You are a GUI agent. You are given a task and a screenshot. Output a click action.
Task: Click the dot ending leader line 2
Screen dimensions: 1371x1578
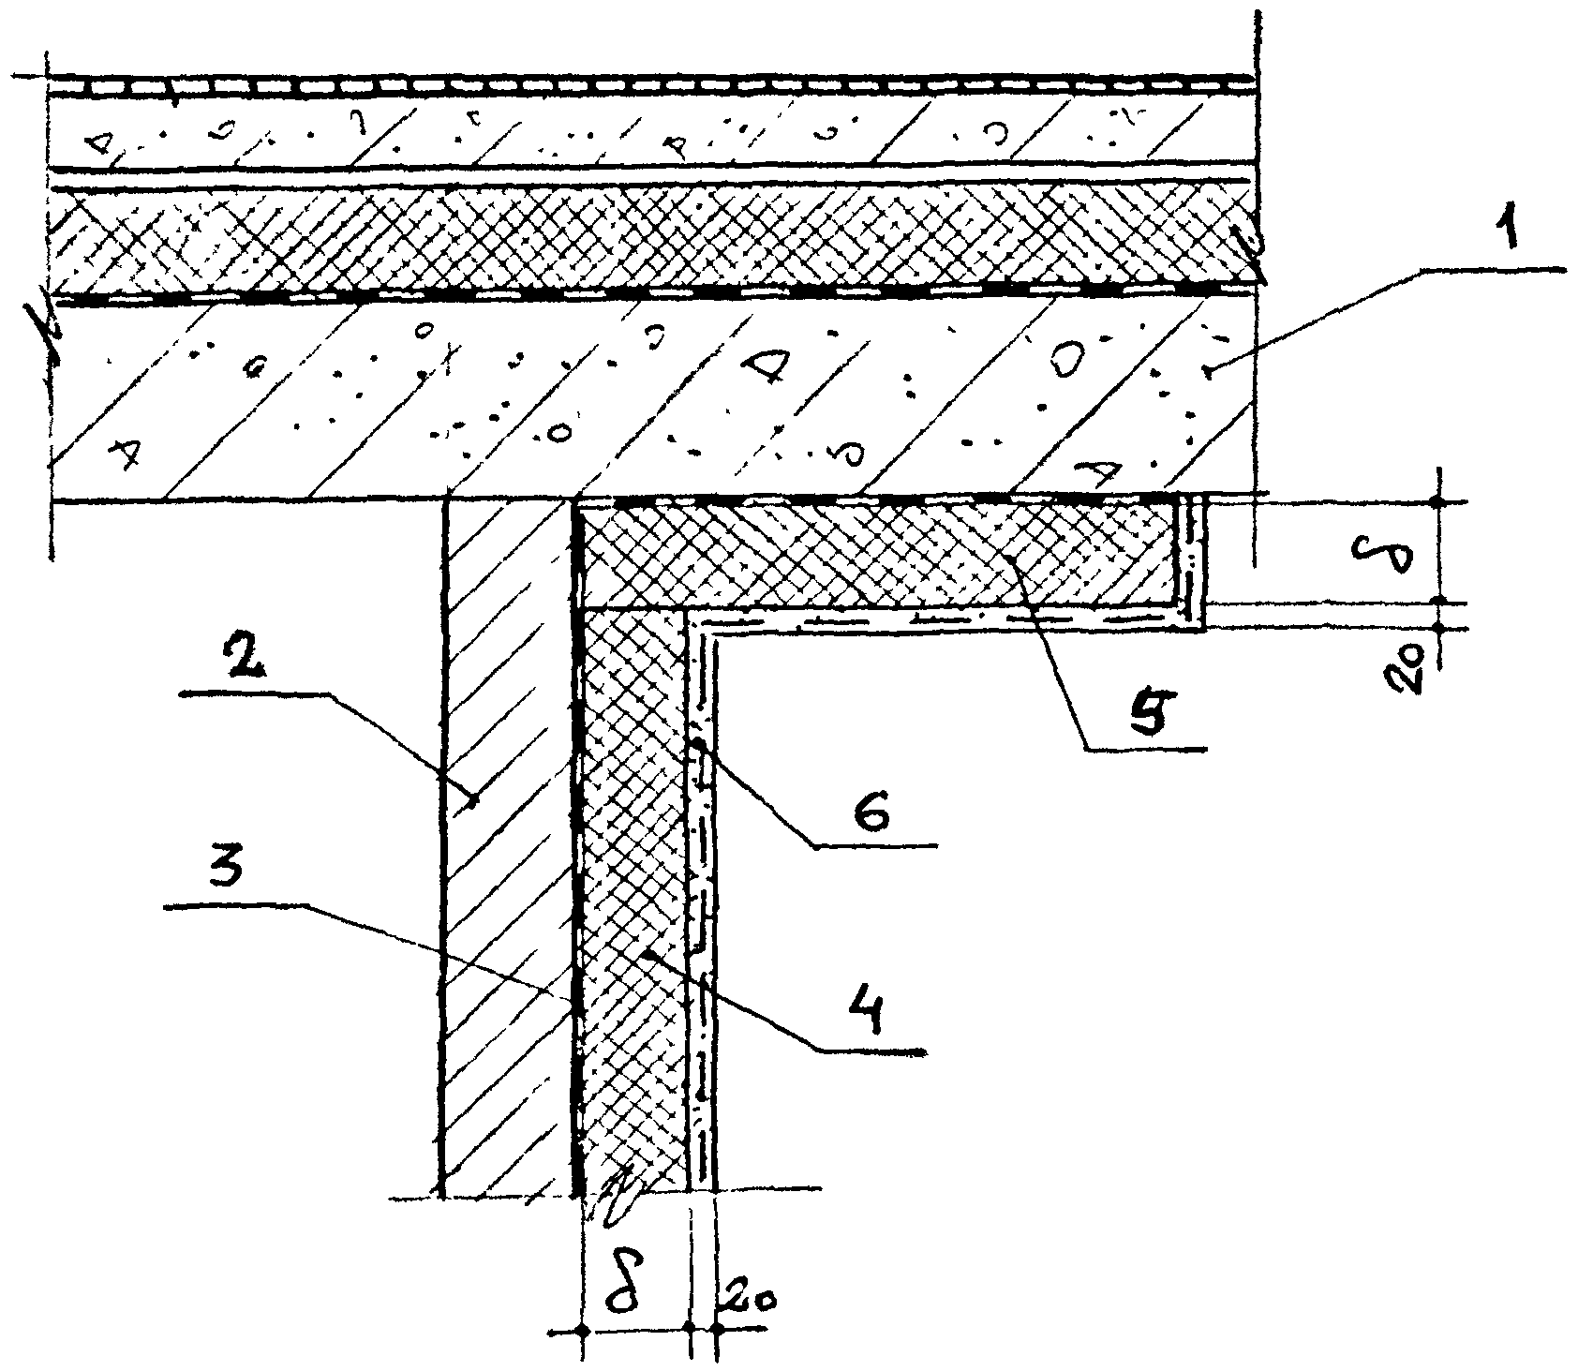click(x=474, y=799)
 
